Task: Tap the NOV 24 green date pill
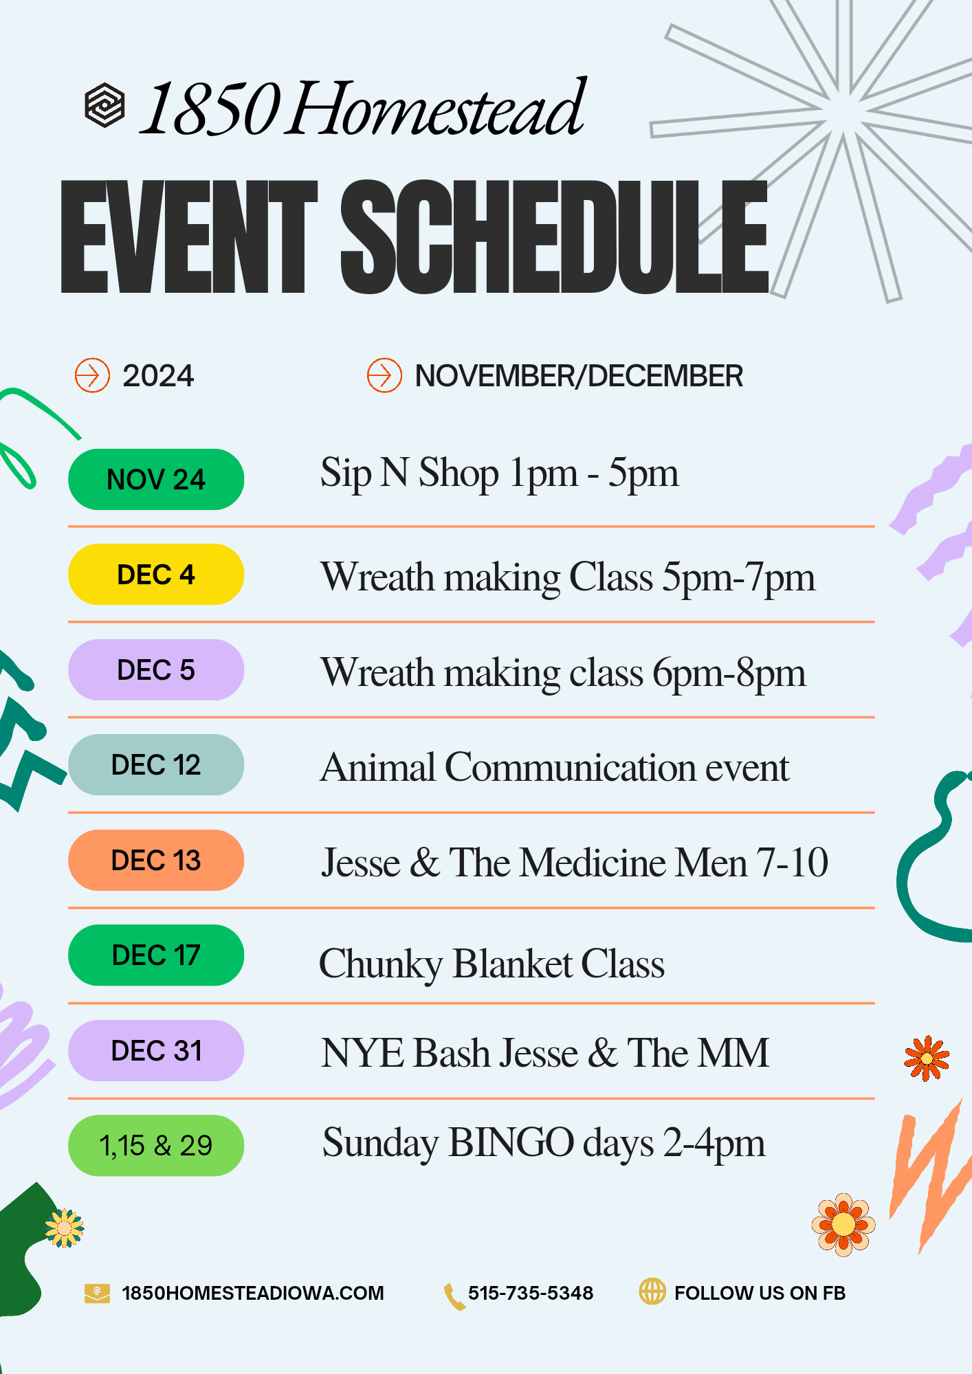click(x=156, y=479)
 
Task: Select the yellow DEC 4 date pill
click(x=156, y=575)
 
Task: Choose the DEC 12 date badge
click(x=156, y=765)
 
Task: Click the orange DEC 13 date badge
click(x=156, y=861)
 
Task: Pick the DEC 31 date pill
click(x=156, y=1051)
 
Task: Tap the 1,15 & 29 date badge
click(x=156, y=1146)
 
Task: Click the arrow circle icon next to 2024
click(x=92, y=375)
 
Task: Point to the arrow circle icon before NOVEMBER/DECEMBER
click(x=384, y=375)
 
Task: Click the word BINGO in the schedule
click(x=511, y=1143)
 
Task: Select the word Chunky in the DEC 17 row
click(x=380, y=964)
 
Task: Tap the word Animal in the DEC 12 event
click(x=377, y=767)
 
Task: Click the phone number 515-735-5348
click(x=530, y=1293)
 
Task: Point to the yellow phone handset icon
click(x=454, y=1296)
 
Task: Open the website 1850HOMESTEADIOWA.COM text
click(x=252, y=1293)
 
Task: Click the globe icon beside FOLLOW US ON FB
click(x=652, y=1292)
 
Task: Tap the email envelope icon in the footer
click(x=97, y=1293)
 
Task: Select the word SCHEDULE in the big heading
click(x=553, y=237)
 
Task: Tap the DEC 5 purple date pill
click(x=156, y=670)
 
